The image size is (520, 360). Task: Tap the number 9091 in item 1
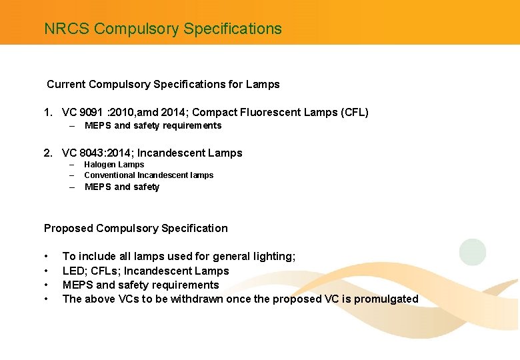[x=92, y=113]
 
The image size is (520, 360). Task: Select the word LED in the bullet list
[x=73, y=271]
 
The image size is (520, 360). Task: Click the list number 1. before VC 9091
[x=49, y=113]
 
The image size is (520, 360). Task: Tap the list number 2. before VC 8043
[x=49, y=153]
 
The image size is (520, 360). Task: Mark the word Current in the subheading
[x=66, y=85]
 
